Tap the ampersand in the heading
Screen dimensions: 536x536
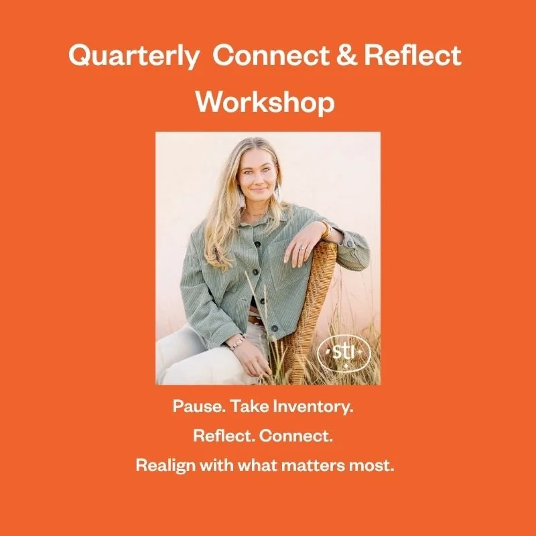pyautogui.click(x=359, y=57)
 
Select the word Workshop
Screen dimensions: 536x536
pyautogui.click(x=265, y=102)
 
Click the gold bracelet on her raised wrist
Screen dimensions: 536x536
pyautogui.click(x=327, y=230)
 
